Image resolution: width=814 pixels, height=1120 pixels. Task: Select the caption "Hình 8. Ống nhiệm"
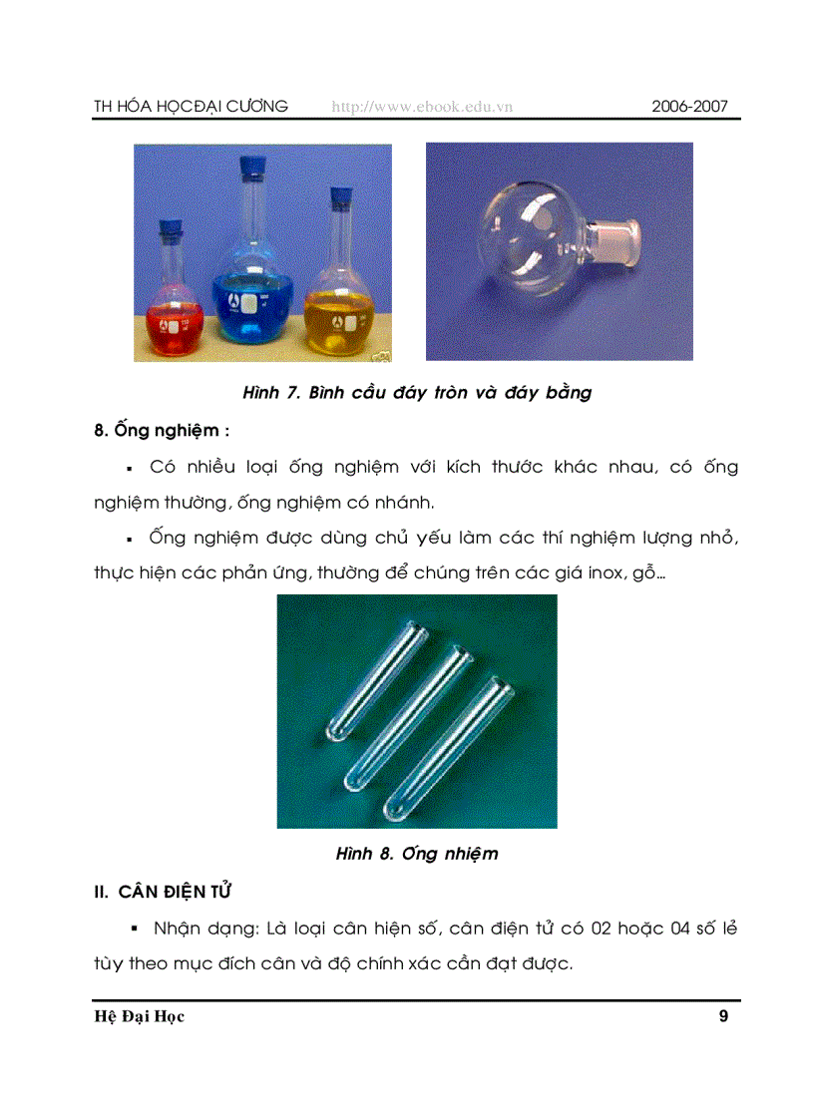tap(417, 853)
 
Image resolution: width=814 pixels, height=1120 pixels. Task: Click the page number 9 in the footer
tap(723, 1016)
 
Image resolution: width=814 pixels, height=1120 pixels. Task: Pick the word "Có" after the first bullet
tap(164, 466)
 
